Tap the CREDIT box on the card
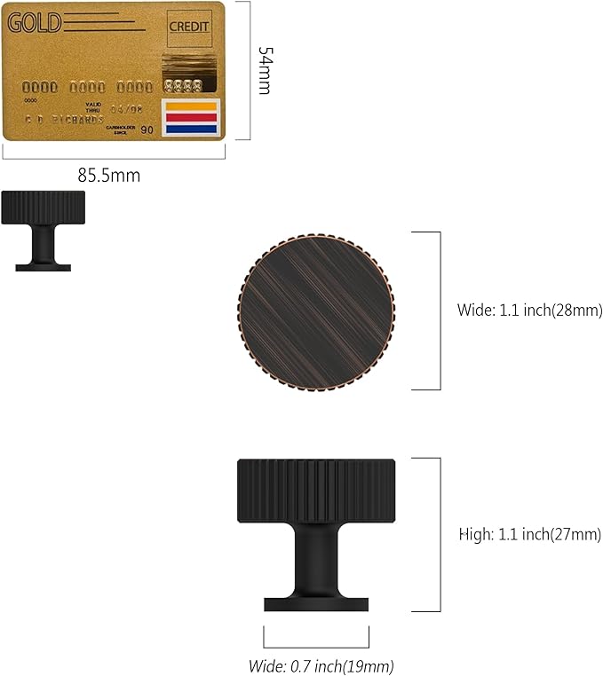click(189, 27)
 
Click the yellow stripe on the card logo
click(190, 107)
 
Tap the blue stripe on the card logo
click(190, 129)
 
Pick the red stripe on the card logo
click(190, 118)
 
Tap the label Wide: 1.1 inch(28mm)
click(529, 310)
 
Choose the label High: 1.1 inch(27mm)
click(529, 535)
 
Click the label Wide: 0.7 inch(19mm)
click(321, 665)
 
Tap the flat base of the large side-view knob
click(316, 604)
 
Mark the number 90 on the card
click(147, 130)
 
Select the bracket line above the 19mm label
click(316, 646)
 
